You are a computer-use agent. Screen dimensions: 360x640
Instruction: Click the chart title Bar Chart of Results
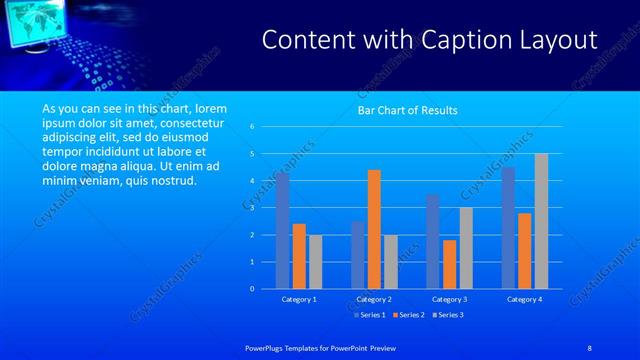click(x=407, y=110)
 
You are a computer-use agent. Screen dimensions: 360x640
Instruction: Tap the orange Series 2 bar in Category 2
click(x=374, y=229)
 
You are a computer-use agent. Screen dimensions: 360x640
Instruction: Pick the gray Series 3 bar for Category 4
click(x=541, y=221)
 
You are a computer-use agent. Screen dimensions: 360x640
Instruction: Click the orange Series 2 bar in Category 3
click(x=449, y=264)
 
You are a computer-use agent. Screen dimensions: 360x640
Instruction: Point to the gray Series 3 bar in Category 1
click(x=316, y=262)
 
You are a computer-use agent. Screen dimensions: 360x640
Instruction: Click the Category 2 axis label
click(x=374, y=299)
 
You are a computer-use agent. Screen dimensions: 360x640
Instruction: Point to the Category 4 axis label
click(x=524, y=299)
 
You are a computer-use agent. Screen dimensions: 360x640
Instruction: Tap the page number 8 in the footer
click(x=591, y=346)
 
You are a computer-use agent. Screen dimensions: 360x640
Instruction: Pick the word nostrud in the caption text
click(x=174, y=180)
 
